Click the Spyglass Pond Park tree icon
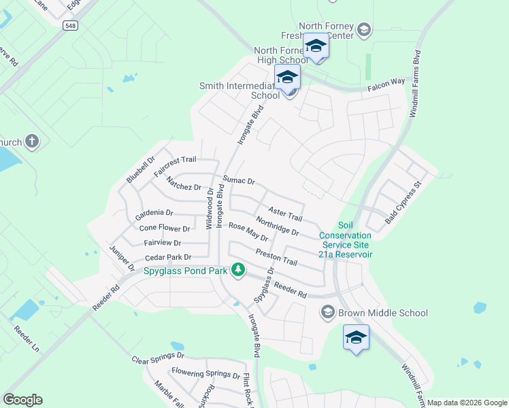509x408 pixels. (x=237, y=271)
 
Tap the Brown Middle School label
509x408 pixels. (x=383, y=313)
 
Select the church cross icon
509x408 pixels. (x=31, y=141)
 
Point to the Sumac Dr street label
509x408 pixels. (x=239, y=181)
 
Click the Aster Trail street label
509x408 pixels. (x=285, y=215)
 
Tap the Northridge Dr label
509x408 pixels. (x=278, y=226)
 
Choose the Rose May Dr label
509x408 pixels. (x=248, y=232)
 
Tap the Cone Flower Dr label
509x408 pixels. (x=164, y=228)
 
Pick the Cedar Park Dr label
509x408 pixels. (x=168, y=258)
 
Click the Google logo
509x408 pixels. (x=22, y=400)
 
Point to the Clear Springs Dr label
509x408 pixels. (x=158, y=358)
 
